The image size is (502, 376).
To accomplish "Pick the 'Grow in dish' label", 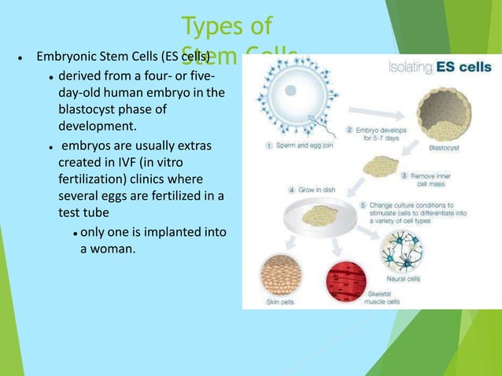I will tap(313, 190).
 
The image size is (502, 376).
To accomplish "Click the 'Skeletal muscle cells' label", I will tap(386, 297).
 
